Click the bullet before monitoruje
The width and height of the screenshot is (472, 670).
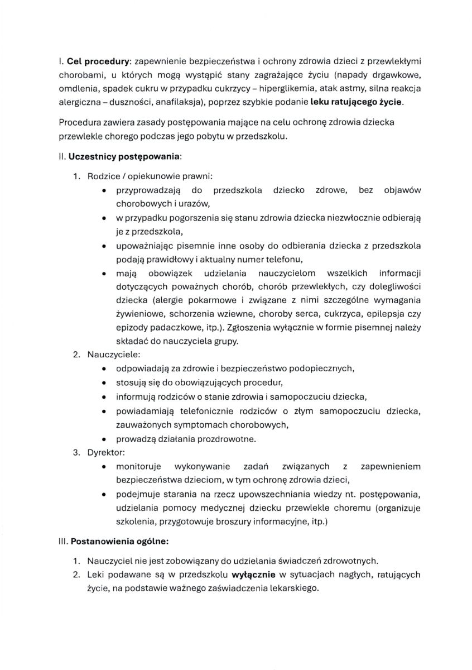(105, 466)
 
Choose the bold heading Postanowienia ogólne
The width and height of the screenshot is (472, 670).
(119, 542)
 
